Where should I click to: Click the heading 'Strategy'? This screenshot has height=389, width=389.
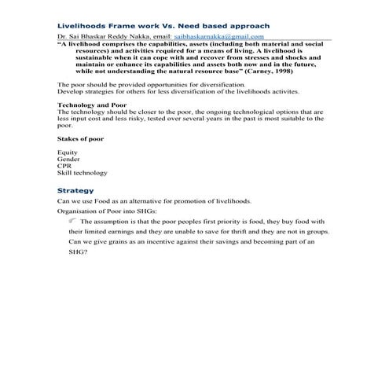coord(75,190)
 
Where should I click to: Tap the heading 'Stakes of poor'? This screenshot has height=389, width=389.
coord(80,138)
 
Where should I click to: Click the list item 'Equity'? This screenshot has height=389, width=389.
coord(67,152)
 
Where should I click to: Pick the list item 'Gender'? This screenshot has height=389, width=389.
coord(68,159)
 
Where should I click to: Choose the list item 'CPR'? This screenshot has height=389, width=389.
coord(64,166)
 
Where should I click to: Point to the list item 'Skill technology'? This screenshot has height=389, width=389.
coord(83,173)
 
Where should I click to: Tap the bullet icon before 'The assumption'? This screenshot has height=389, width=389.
coord(72,222)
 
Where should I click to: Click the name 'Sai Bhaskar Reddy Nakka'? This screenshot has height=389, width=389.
coord(105,36)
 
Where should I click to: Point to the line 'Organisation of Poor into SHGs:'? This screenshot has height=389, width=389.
coord(107,211)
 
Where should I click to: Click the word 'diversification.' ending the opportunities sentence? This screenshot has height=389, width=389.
coord(222,84)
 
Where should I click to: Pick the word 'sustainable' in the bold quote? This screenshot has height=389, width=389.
coord(88,57)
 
